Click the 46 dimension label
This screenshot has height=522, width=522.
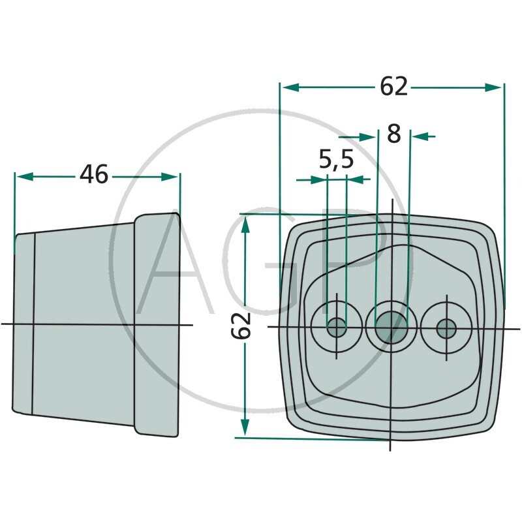pyautogui.click(x=94, y=175)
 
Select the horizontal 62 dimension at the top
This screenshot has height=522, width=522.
pyautogui.click(x=393, y=86)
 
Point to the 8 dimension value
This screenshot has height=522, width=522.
pyautogui.click(x=393, y=134)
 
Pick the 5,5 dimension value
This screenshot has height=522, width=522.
pyautogui.click(x=336, y=160)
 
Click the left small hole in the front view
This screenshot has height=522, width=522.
pyautogui.click(x=337, y=326)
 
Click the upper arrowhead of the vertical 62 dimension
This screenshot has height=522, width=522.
pyautogui.click(x=245, y=226)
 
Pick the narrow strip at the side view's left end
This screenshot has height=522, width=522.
pyautogui.click(x=23, y=323)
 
